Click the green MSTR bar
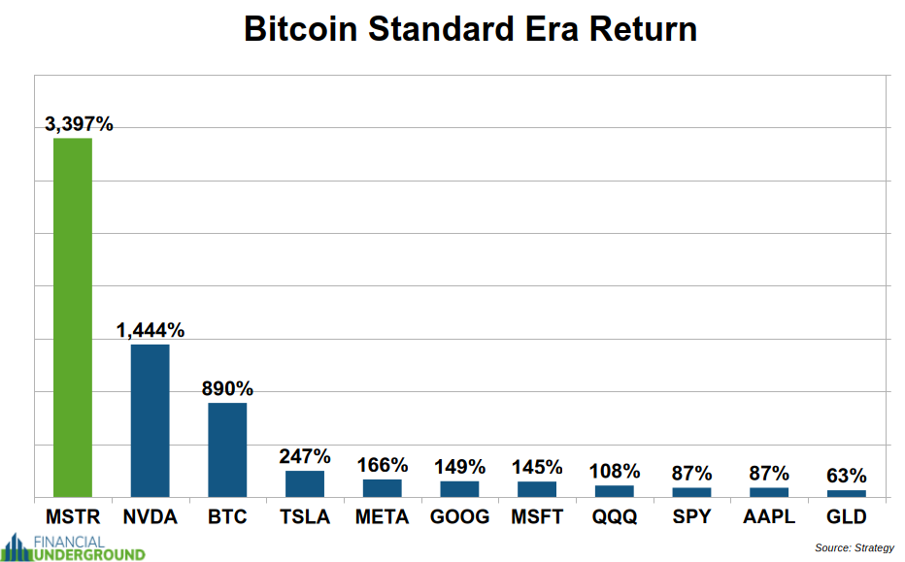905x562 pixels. click(73, 317)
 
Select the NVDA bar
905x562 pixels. click(150, 420)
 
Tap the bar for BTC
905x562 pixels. click(227, 449)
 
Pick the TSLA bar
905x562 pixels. click(305, 483)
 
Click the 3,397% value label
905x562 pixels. click(79, 124)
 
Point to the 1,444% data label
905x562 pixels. click(150, 330)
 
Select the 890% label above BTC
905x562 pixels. click(227, 388)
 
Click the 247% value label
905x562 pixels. click(305, 456)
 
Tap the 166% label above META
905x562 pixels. click(382, 465)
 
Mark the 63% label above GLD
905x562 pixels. click(846, 476)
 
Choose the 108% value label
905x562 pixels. click(615, 472)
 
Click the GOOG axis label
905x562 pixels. click(459, 516)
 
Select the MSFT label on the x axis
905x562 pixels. click(537, 516)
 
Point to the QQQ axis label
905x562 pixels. click(615, 516)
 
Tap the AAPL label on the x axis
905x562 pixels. click(769, 516)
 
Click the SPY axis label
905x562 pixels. click(691, 516)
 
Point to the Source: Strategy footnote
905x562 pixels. click(855, 547)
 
